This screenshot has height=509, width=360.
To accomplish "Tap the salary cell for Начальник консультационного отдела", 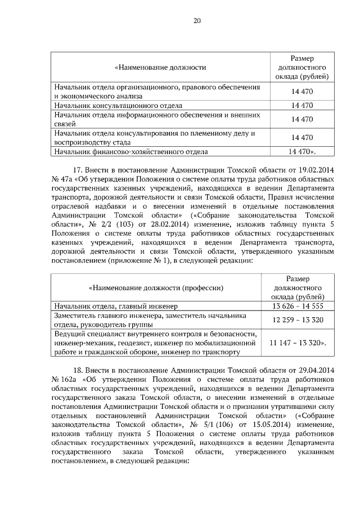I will tap(301, 105).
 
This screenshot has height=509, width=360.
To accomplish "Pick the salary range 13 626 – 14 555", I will tap(301, 306).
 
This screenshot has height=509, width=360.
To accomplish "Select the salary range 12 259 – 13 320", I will tap(301, 319).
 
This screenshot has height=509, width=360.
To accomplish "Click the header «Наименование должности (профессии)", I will tap(156, 287).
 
